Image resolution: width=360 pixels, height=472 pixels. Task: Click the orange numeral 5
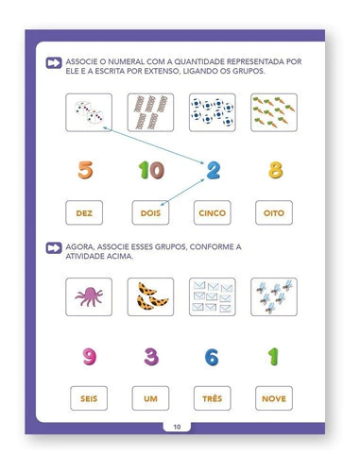click(85, 170)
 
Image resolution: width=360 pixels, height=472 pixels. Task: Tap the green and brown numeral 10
click(151, 170)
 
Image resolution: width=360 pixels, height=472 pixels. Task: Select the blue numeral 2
click(214, 170)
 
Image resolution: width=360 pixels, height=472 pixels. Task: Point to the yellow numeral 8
click(276, 170)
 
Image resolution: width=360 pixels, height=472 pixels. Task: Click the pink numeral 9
click(90, 357)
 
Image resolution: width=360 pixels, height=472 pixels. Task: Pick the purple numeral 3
click(151, 357)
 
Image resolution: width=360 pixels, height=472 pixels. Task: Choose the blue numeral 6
click(212, 357)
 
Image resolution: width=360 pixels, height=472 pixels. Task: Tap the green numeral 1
click(273, 357)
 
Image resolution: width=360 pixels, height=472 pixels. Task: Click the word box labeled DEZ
click(84, 212)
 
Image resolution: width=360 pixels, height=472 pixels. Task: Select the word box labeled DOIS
click(150, 212)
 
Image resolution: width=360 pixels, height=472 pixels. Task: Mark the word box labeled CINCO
click(213, 212)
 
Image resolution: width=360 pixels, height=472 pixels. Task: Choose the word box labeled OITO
click(274, 212)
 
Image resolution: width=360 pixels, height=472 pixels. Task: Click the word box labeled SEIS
click(89, 398)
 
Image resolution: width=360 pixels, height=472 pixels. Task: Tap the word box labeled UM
click(150, 398)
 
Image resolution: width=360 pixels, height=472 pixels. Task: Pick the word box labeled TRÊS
click(213, 398)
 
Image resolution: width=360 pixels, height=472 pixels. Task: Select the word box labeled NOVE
click(274, 398)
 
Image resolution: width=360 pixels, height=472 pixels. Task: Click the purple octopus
click(89, 296)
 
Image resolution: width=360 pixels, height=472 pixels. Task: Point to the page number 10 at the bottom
click(177, 427)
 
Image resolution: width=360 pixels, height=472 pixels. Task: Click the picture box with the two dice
click(89, 112)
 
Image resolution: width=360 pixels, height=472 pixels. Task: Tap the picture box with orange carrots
click(274, 112)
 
